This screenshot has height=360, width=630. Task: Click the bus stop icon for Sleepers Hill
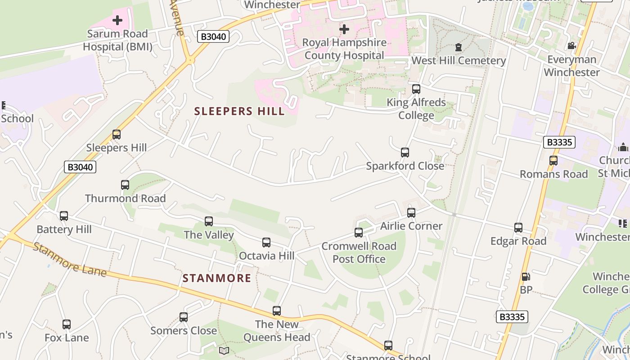(x=117, y=134)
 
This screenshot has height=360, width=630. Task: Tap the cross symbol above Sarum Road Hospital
(x=117, y=20)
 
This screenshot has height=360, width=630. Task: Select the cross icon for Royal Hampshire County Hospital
(x=344, y=29)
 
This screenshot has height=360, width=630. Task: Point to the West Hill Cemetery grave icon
(x=459, y=47)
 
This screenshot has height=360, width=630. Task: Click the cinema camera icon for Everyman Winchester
(x=571, y=46)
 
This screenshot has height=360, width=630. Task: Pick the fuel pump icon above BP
(x=526, y=277)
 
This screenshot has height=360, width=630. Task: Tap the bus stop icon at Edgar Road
(x=518, y=228)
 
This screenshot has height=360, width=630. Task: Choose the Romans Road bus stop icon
(x=553, y=161)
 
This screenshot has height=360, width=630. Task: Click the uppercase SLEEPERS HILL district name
(x=239, y=111)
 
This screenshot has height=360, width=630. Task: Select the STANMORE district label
(x=217, y=278)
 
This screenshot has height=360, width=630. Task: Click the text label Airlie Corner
(x=411, y=226)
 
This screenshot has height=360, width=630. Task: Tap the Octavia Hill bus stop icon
(x=266, y=243)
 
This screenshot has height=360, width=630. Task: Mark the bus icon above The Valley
(x=209, y=221)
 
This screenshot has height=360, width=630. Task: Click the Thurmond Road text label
(x=125, y=198)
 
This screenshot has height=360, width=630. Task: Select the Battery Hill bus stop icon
(x=64, y=216)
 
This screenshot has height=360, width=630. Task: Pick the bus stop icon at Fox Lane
(x=67, y=324)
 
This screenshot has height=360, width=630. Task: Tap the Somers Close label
(x=184, y=331)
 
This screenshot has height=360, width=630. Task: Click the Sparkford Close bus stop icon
(x=405, y=153)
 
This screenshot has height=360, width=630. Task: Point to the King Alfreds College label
(x=416, y=109)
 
